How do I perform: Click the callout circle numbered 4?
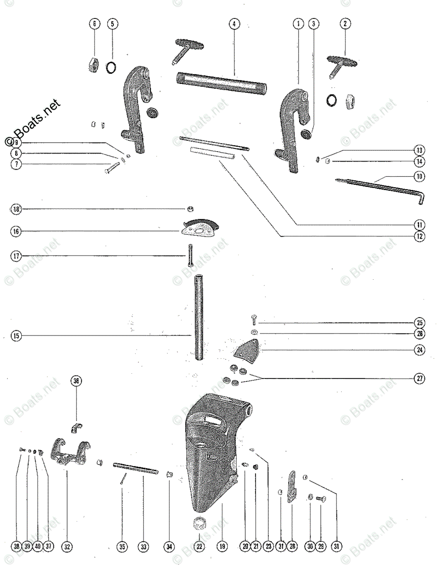[x=234, y=24]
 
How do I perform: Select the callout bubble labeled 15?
[x=17, y=336]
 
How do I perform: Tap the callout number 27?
[x=420, y=378]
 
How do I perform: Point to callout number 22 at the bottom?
[x=199, y=547]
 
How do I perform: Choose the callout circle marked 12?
[x=420, y=235]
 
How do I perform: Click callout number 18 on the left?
[x=17, y=209]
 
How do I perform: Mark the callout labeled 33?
[x=143, y=547]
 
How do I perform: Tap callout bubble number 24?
[x=420, y=350]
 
